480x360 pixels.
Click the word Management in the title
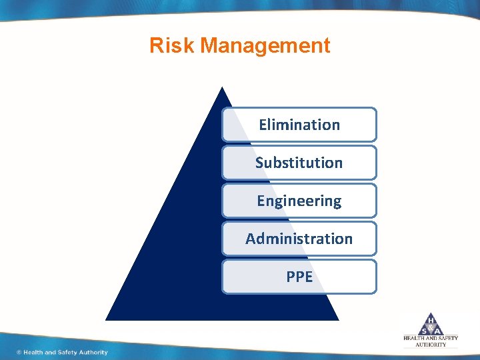265,45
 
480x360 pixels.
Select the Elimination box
299,125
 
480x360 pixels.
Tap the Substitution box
299,163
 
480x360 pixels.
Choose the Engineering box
299,201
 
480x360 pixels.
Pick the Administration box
299,239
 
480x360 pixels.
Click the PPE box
299,277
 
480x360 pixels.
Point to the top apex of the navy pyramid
222,87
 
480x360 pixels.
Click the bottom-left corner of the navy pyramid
107,319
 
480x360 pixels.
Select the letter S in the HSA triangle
423,330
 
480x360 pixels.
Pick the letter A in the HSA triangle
438,330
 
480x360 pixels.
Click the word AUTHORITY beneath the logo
431,345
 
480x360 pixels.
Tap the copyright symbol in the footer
19,352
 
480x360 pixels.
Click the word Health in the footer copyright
33,352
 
